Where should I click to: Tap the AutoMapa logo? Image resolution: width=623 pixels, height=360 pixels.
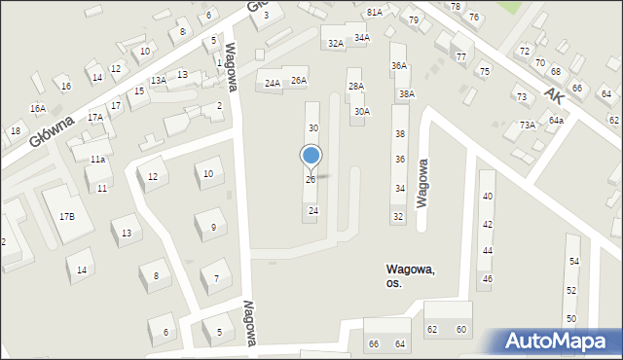click(x=556, y=341)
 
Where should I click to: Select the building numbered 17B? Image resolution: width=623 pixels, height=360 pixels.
click(x=66, y=216)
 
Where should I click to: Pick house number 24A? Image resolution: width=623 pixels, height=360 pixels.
click(x=273, y=84)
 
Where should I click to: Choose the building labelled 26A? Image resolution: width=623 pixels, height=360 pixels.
click(x=299, y=81)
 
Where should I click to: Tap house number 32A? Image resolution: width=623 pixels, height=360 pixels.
click(x=336, y=43)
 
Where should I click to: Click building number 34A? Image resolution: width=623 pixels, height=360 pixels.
click(x=361, y=38)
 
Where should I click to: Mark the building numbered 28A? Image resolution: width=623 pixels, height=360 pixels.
click(x=356, y=87)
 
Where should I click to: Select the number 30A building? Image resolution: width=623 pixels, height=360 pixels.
click(x=361, y=112)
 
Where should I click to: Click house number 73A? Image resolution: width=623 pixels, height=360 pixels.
click(x=528, y=125)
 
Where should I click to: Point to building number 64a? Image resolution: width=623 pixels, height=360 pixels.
click(x=556, y=120)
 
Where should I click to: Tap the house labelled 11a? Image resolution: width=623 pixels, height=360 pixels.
click(x=97, y=159)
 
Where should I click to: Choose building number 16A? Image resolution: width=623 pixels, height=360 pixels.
click(x=37, y=108)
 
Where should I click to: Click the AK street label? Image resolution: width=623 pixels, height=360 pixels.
click(x=555, y=94)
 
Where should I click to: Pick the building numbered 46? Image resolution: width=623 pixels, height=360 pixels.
click(x=488, y=279)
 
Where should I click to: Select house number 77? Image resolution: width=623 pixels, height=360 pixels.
click(x=460, y=57)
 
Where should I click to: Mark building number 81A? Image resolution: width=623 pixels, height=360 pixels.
click(x=375, y=12)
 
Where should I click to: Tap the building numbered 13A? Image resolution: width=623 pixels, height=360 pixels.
click(x=158, y=80)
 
